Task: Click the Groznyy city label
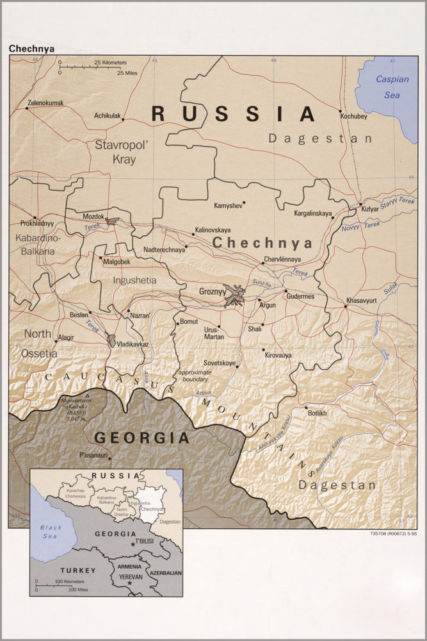[212, 292]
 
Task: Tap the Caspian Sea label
[387, 87]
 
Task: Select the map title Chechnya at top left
[31, 48]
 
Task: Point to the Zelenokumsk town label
[45, 103]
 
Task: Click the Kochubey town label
[353, 117]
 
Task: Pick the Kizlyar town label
[370, 210]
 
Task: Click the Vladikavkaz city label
[133, 344]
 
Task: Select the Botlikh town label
[321, 413]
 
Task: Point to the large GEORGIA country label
[141, 438]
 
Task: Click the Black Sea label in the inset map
[51, 532]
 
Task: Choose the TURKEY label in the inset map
[77, 570]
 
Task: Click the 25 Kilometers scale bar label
[110, 62]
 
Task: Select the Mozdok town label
[93, 217]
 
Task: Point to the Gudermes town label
[300, 296]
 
